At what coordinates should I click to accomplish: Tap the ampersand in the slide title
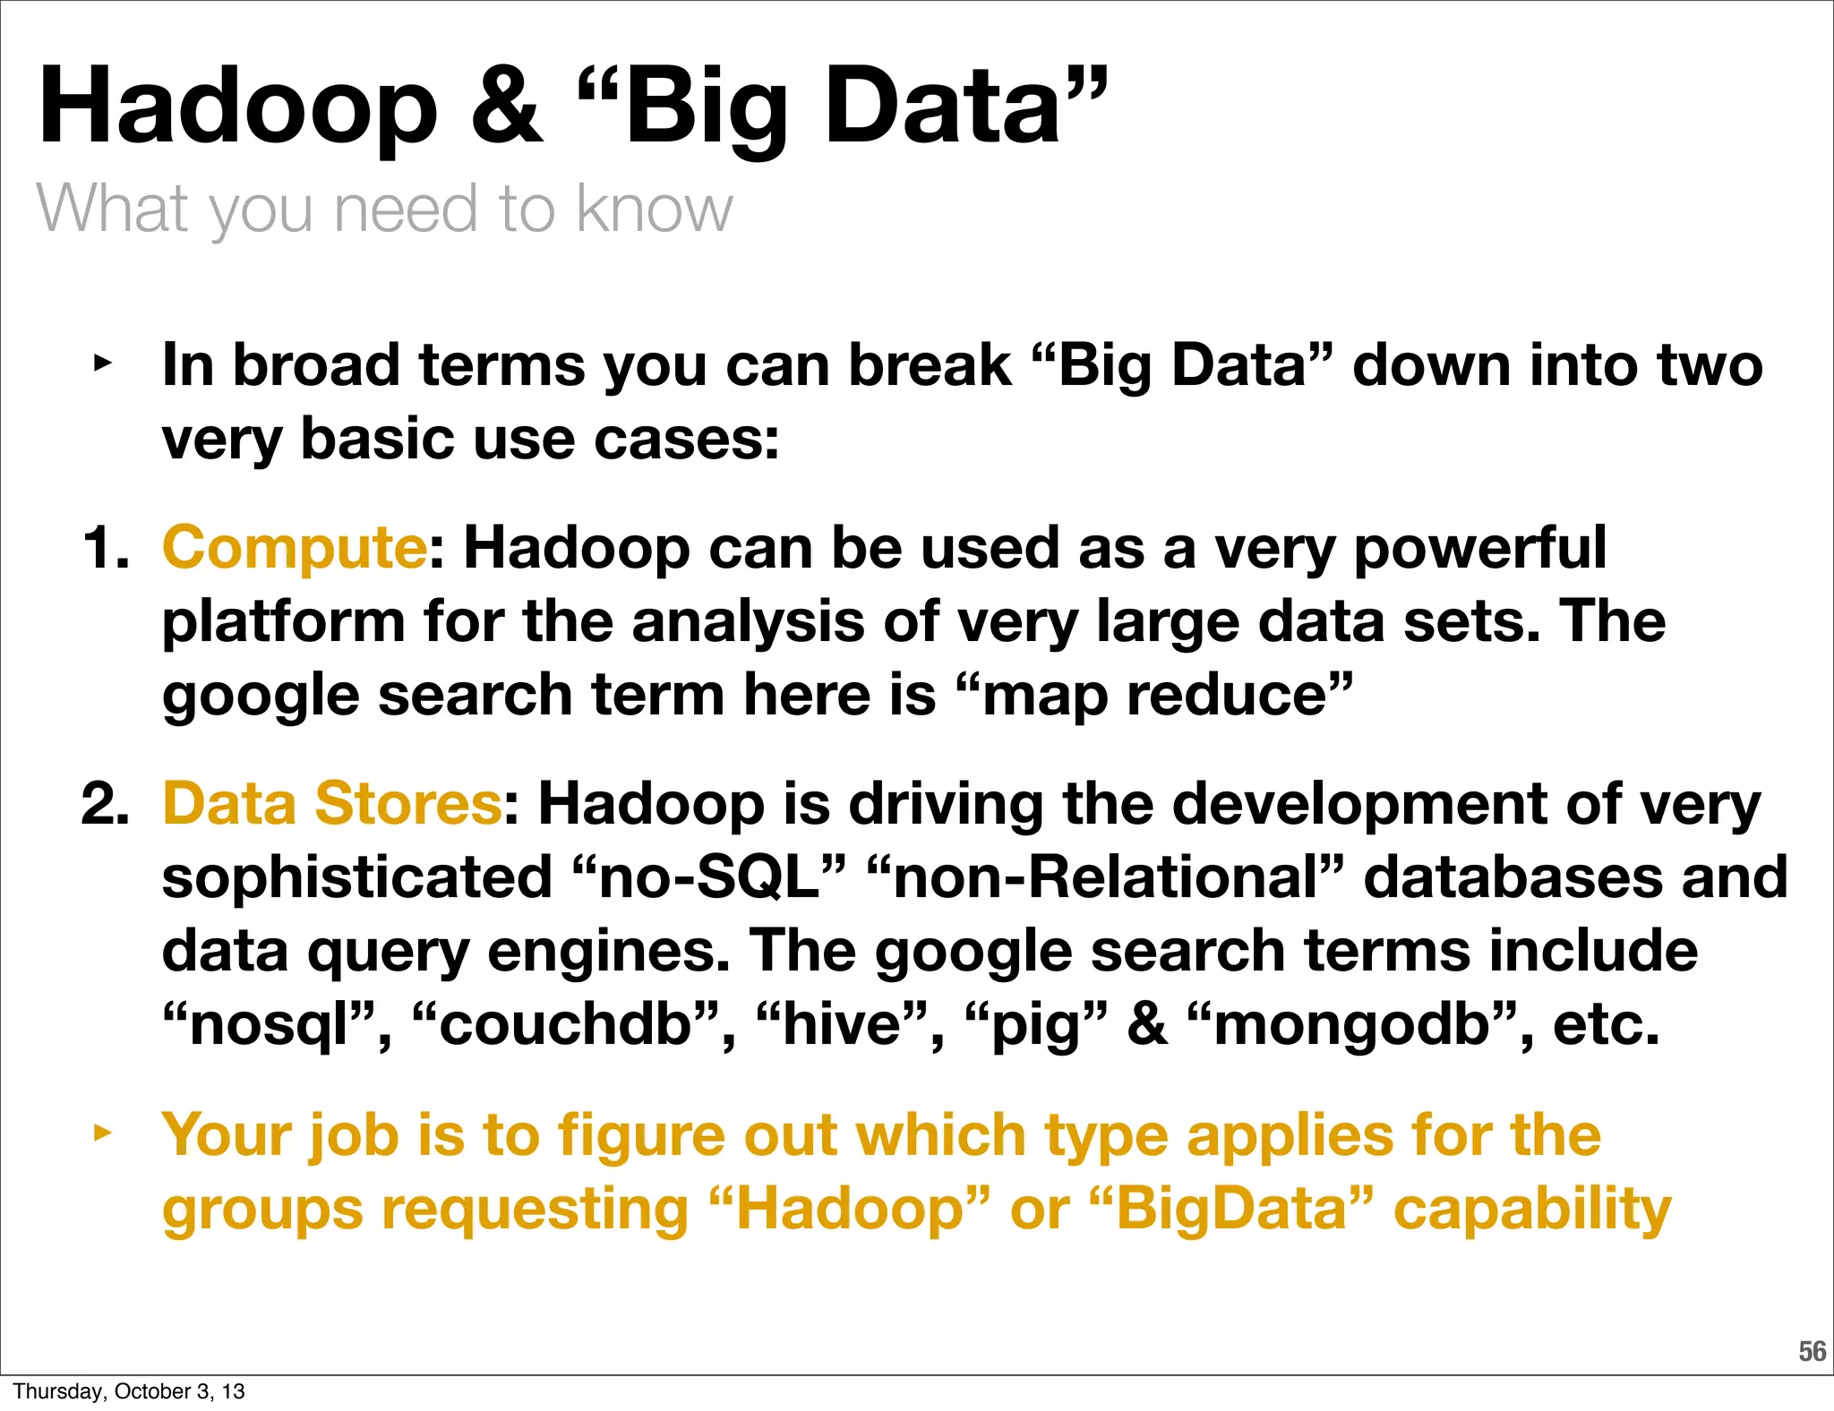(507, 106)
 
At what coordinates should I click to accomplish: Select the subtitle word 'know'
(654, 208)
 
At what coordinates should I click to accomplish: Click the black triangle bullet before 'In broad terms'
(103, 363)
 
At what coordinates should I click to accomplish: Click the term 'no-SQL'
(708, 877)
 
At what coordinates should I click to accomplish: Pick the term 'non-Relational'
(1105, 877)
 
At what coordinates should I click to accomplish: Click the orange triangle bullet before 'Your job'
(103, 1133)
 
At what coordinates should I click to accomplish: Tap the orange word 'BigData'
(1231, 1209)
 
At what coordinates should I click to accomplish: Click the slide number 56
(1812, 1352)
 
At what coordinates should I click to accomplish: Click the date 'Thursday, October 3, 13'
(128, 1391)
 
